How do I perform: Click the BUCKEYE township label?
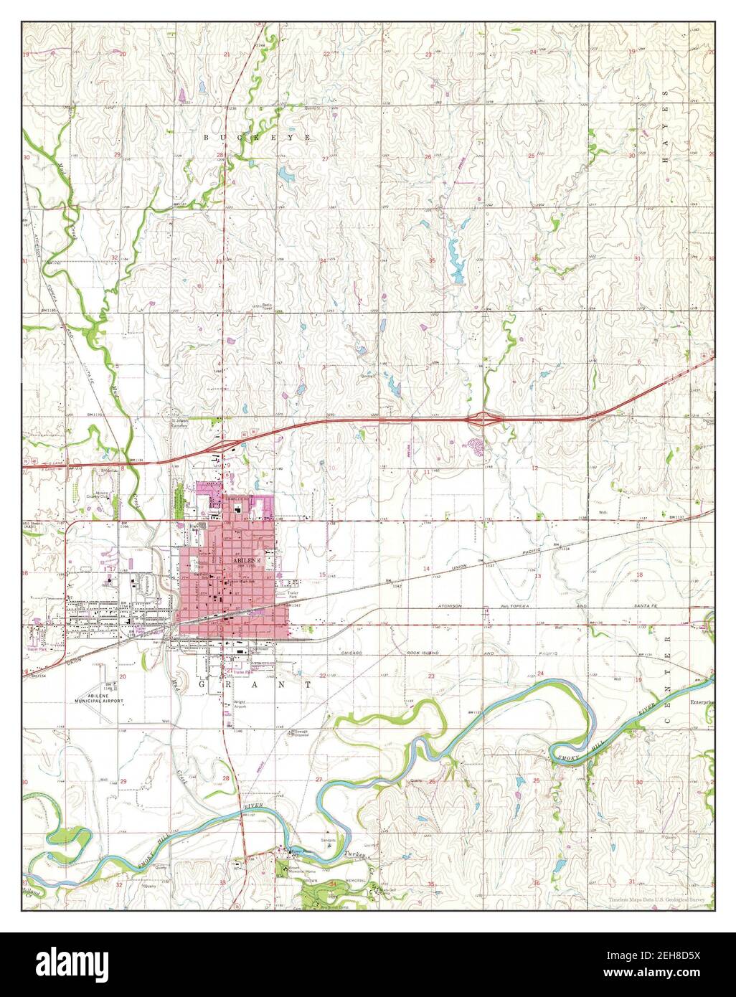point(257,136)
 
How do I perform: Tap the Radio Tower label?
point(267,306)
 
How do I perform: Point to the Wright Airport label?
point(240,704)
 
